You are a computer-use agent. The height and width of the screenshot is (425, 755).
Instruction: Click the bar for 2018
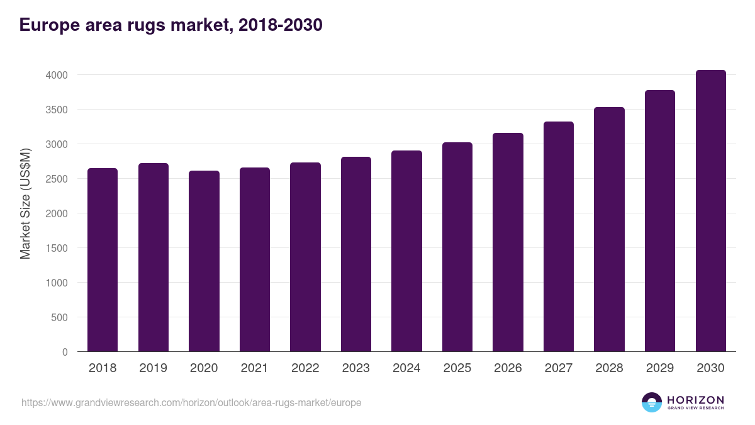point(103,260)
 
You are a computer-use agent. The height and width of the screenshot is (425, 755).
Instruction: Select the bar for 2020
point(204,261)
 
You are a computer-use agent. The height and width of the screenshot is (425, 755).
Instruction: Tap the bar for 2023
point(355,254)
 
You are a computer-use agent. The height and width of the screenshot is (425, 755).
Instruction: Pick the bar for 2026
point(508,242)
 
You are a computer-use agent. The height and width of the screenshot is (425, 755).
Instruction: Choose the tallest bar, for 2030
point(710,211)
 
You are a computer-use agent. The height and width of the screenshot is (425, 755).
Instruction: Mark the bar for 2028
point(609,229)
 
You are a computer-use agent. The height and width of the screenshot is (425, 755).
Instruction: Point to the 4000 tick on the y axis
point(56,75)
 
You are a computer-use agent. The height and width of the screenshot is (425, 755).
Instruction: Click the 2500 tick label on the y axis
point(56,179)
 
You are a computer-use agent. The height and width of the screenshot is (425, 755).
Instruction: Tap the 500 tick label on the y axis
point(59,317)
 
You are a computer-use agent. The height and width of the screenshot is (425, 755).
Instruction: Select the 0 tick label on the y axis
point(65,352)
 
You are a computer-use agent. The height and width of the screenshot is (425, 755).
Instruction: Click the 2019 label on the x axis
point(153,368)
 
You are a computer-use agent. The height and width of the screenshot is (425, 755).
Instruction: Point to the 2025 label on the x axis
point(457,368)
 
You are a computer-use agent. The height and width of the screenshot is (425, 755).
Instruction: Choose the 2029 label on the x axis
point(659,368)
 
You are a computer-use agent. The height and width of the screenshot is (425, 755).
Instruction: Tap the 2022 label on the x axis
point(305,368)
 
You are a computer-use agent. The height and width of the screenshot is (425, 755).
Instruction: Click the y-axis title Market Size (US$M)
point(25,203)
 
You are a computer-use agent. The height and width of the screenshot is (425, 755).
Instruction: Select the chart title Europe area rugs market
point(171,25)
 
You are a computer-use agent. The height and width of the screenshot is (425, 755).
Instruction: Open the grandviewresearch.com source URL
point(191,402)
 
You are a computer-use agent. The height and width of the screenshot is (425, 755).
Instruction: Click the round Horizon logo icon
point(652,402)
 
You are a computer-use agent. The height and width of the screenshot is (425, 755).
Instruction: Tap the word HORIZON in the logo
point(695,400)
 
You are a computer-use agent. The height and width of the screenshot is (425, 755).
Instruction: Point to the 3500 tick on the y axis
point(56,110)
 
